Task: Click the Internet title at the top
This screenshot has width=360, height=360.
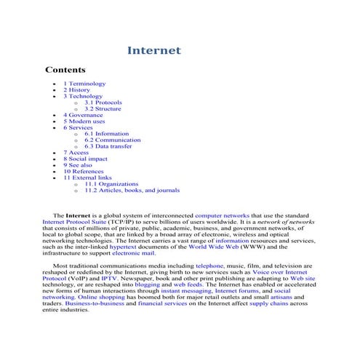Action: (x=153, y=51)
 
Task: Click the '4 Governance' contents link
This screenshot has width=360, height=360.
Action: (x=83, y=115)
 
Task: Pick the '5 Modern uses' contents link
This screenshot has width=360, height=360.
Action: (x=84, y=121)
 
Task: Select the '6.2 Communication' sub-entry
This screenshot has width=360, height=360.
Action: (x=113, y=140)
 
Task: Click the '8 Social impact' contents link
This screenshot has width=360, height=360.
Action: (x=85, y=159)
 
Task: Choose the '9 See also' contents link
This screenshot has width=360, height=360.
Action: (x=81, y=165)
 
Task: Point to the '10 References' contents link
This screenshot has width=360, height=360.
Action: (x=83, y=171)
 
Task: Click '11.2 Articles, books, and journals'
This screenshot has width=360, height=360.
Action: (x=132, y=191)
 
